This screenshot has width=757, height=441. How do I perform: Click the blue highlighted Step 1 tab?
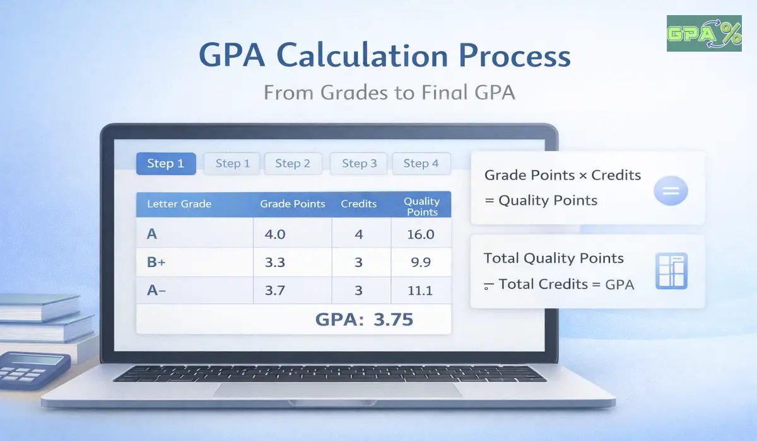(x=166, y=164)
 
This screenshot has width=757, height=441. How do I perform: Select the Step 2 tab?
(x=293, y=164)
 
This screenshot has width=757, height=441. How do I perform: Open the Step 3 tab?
(x=359, y=164)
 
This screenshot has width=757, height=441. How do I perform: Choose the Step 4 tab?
(x=421, y=164)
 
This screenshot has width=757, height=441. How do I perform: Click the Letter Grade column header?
(x=179, y=204)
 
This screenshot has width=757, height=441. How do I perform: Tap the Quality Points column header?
(x=422, y=207)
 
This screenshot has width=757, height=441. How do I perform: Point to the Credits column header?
(x=358, y=204)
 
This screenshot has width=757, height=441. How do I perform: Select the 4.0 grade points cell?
(x=275, y=235)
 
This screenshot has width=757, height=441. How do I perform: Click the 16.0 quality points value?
(x=421, y=235)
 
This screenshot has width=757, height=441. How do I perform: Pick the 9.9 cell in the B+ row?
(x=421, y=263)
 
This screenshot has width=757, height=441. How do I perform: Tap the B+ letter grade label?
(x=156, y=263)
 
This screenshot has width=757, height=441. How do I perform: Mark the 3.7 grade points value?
(x=275, y=290)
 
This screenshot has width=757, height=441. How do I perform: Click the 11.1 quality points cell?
(x=421, y=290)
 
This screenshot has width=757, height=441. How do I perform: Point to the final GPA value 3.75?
(x=393, y=319)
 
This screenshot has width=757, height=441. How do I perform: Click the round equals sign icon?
(x=671, y=190)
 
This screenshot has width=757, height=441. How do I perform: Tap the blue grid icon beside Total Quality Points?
(x=671, y=272)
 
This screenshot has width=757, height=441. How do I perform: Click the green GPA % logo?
(x=704, y=33)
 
